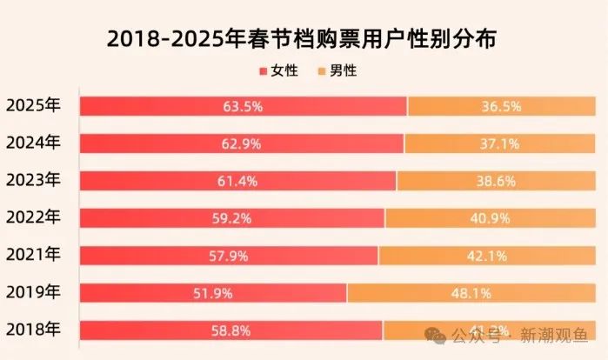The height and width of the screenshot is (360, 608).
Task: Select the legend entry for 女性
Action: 279,71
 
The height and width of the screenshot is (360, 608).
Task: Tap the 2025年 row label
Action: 33,106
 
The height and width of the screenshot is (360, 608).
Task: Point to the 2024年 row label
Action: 33,143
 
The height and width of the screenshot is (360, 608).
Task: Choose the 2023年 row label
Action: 33,180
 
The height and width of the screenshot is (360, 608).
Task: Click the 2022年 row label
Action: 33,217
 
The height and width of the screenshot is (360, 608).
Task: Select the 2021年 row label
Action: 33,255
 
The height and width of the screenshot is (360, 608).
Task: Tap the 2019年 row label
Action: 33,292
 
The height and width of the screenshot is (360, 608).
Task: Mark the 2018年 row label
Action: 33,330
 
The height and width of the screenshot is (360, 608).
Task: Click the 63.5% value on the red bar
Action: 243,107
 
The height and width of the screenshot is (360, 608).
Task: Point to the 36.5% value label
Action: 501,107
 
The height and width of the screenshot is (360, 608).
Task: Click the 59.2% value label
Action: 232,219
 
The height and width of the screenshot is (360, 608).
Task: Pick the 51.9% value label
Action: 213,293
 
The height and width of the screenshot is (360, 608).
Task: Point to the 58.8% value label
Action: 231,330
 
